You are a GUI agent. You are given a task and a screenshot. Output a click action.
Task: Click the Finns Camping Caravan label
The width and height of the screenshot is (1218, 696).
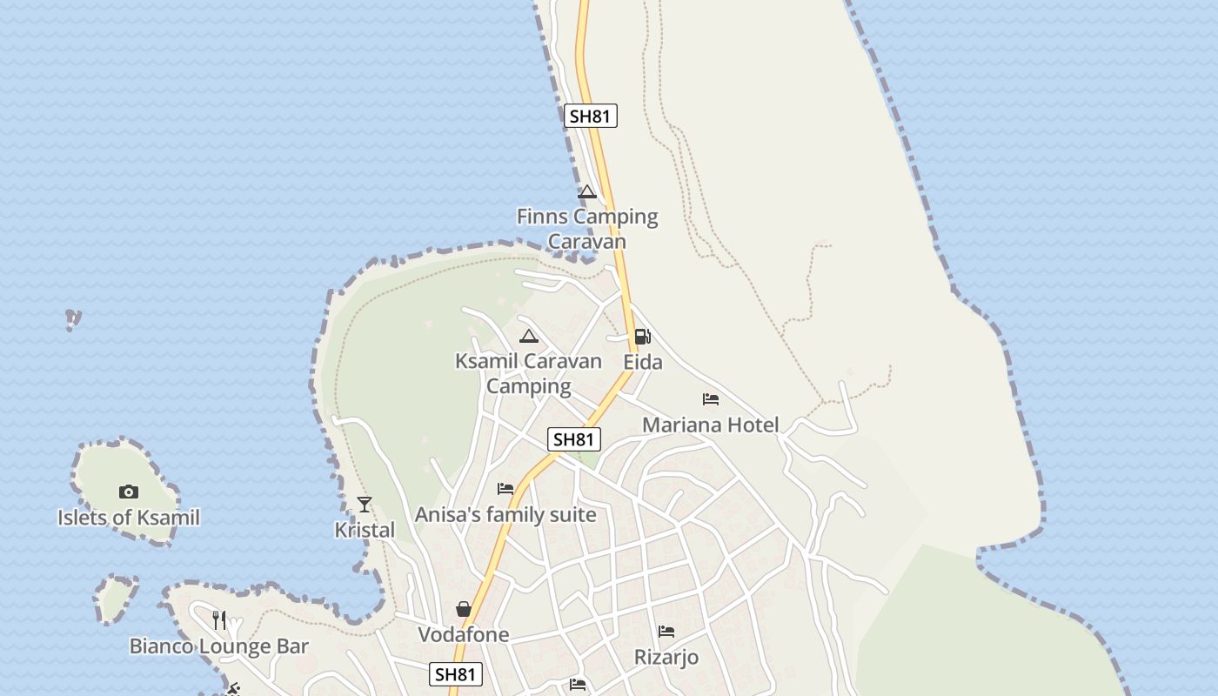click(x=587, y=228)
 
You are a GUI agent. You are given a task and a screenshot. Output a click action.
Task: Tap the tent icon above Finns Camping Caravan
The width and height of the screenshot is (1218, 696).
click(x=587, y=191)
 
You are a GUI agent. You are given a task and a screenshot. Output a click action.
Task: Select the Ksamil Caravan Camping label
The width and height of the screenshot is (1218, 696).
click(x=528, y=373)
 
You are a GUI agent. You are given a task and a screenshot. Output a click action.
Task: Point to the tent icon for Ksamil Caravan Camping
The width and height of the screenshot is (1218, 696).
click(x=528, y=336)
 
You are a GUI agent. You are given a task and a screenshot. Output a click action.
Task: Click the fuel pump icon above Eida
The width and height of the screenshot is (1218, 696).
click(x=642, y=336)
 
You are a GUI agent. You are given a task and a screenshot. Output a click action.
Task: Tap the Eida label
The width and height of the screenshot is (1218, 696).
click(x=643, y=362)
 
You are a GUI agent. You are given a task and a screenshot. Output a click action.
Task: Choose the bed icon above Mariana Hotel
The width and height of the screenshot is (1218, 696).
click(x=711, y=399)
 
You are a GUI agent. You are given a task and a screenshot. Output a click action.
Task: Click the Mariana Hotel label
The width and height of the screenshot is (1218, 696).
click(x=711, y=425)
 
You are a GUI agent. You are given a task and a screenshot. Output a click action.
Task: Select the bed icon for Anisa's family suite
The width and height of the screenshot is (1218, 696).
click(x=505, y=489)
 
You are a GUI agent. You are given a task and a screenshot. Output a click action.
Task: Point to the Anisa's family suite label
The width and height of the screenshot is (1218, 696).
click(x=505, y=515)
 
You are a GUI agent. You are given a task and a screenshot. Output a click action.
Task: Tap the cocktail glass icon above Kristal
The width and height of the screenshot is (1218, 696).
click(x=365, y=504)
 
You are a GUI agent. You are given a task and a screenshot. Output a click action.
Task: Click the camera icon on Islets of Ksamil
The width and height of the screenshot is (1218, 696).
click(x=129, y=492)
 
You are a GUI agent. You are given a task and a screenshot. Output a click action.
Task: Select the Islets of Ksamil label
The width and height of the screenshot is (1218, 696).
click(x=129, y=518)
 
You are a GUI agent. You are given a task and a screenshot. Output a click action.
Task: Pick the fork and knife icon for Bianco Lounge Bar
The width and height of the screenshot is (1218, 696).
click(x=219, y=619)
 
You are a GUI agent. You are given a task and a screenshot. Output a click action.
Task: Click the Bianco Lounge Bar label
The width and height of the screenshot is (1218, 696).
click(x=219, y=646)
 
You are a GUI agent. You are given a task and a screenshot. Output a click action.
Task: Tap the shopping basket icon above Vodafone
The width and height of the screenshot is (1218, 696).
click(x=464, y=609)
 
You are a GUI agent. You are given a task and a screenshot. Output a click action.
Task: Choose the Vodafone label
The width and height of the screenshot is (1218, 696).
click(x=464, y=635)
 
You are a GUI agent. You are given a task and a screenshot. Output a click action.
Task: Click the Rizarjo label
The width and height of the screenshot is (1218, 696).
click(x=666, y=657)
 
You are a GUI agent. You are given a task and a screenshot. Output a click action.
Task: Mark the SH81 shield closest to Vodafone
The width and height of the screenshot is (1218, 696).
click(x=456, y=674)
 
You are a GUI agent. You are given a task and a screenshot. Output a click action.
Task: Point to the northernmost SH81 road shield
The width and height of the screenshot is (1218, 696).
click(x=591, y=116)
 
